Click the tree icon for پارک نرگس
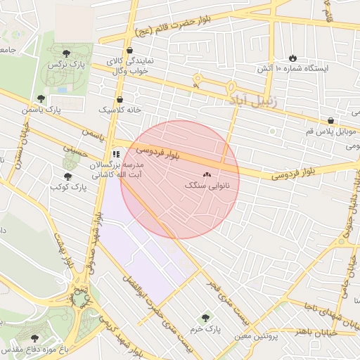(66, 53)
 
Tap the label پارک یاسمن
(41, 110)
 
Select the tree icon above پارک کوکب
(68, 176)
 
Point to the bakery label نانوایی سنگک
(207, 186)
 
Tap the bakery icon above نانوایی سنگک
(207, 174)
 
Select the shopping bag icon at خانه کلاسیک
(120, 99)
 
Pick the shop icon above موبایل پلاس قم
(330, 120)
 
